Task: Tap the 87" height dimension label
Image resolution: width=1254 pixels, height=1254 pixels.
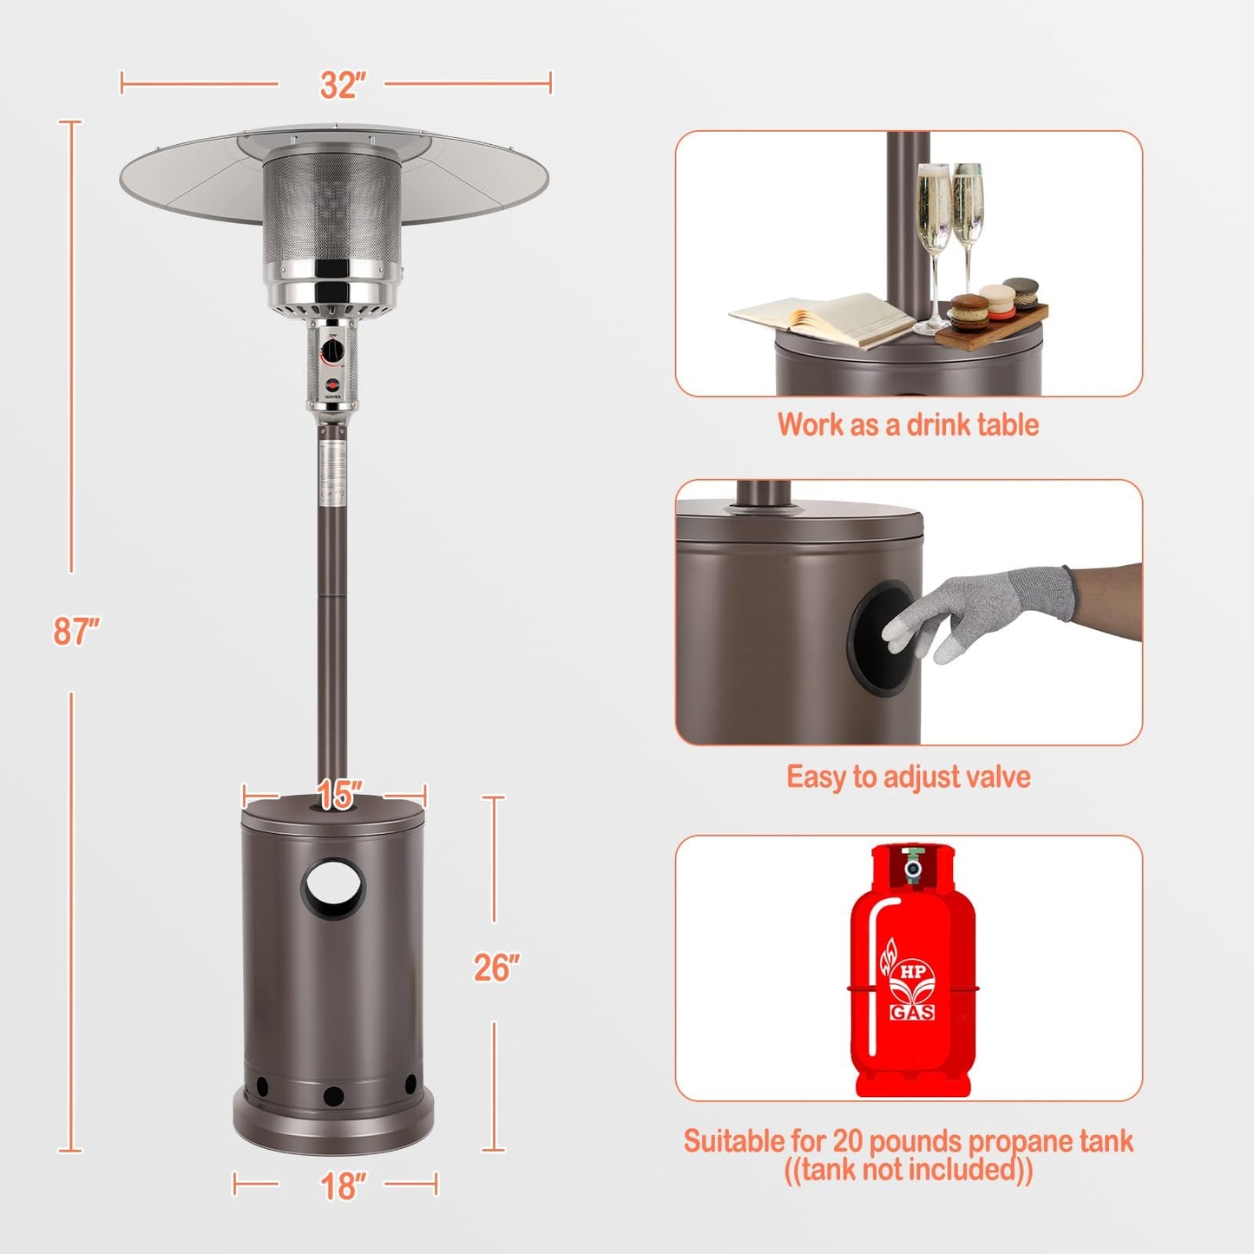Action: click(76, 631)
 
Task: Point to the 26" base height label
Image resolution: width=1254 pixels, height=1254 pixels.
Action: click(496, 968)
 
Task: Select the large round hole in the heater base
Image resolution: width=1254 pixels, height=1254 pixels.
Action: click(334, 888)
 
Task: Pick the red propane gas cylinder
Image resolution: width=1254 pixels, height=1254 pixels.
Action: click(912, 972)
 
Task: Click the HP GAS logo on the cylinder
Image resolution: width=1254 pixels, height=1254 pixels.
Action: click(912, 989)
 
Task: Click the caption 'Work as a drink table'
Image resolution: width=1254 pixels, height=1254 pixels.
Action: click(908, 424)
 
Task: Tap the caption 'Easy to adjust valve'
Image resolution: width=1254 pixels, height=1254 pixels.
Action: click(908, 777)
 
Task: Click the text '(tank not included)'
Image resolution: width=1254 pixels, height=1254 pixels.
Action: click(908, 1171)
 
